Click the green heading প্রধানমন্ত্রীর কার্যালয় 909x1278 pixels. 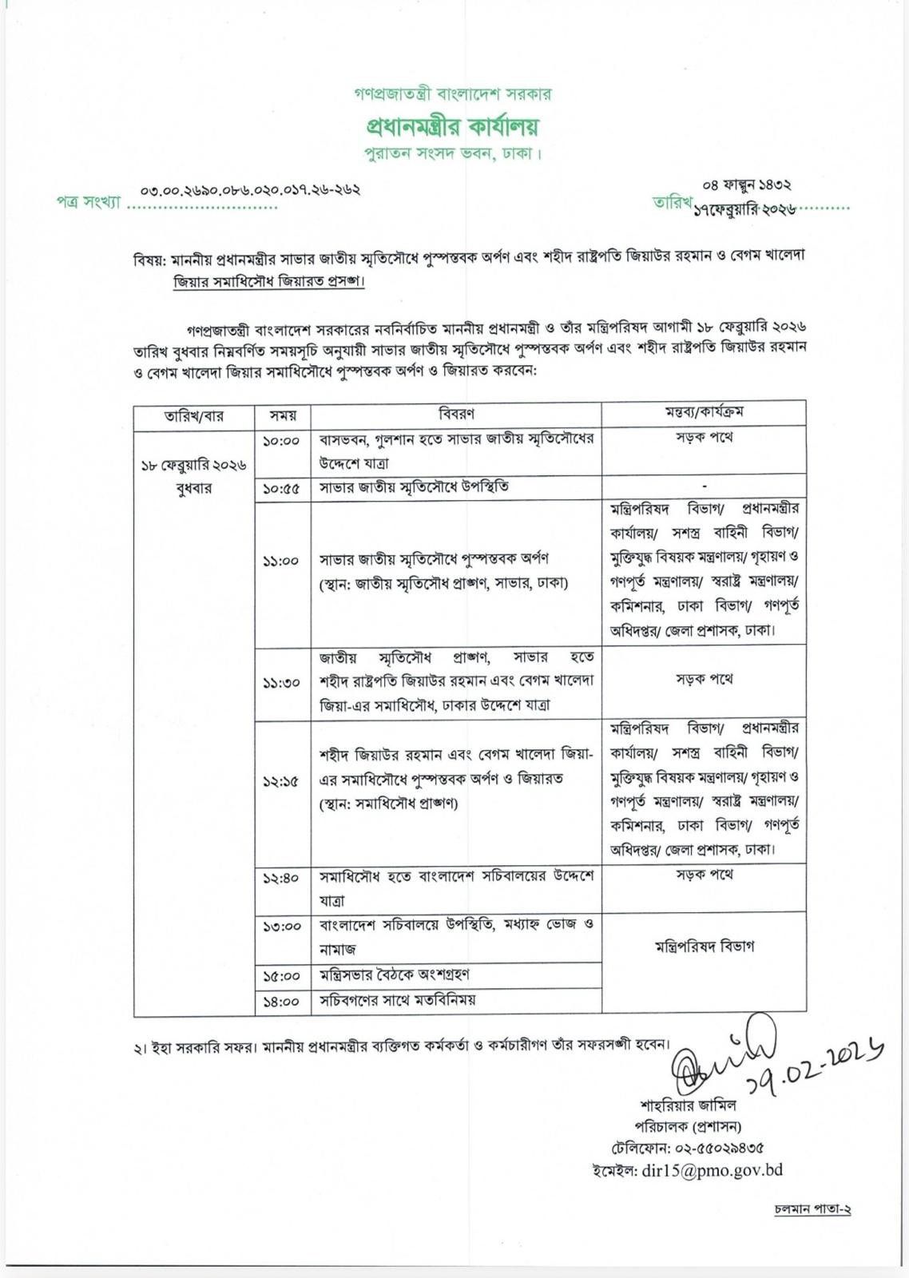(453, 126)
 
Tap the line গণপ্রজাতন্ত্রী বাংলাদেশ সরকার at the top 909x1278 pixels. (453, 94)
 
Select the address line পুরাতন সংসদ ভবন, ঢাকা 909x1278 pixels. (453, 153)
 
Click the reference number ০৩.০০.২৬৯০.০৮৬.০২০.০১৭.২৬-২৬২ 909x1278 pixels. (250, 190)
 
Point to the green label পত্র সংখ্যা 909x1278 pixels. (88, 203)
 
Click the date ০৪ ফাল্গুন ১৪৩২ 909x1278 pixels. (747, 185)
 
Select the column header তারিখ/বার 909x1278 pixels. (194, 415)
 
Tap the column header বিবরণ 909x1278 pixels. (456, 414)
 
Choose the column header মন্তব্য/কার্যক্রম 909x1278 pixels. (704, 412)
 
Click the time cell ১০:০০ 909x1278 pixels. (281, 441)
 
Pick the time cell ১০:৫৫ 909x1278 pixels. (281, 488)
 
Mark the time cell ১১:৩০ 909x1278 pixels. (281, 683)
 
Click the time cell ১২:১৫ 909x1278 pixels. (281, 782)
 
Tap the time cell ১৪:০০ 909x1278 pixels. (281, 1001)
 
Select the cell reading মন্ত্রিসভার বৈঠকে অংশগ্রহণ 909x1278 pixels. (394, 974)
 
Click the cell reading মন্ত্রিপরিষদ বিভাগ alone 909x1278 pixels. (704, 947)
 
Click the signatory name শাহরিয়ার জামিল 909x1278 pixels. (688, 1105)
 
